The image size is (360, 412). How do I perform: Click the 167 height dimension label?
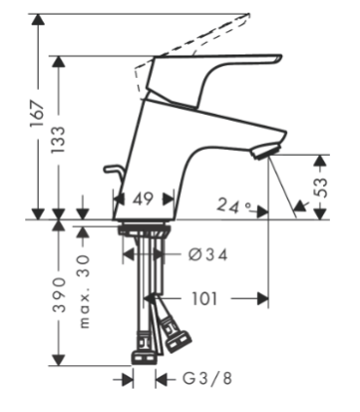(37, 115)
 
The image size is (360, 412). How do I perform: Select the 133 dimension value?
(58, 139)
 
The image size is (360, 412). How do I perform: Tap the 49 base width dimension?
(143, 199)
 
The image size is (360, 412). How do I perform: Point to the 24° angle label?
(234, 206)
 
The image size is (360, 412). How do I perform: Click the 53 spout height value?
(321, 187)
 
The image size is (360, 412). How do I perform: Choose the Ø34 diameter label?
(208, 255)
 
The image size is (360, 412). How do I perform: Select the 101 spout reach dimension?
(204, 298)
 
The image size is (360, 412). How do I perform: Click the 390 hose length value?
(59, 295)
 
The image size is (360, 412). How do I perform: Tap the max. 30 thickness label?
(84, 291)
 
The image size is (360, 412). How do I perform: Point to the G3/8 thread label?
(207, 378)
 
